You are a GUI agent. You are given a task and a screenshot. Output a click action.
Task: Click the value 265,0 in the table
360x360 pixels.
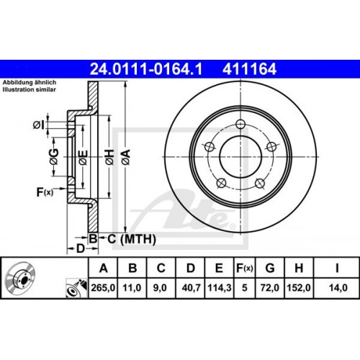104,287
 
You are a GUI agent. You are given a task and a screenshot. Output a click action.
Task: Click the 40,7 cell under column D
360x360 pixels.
191,287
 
